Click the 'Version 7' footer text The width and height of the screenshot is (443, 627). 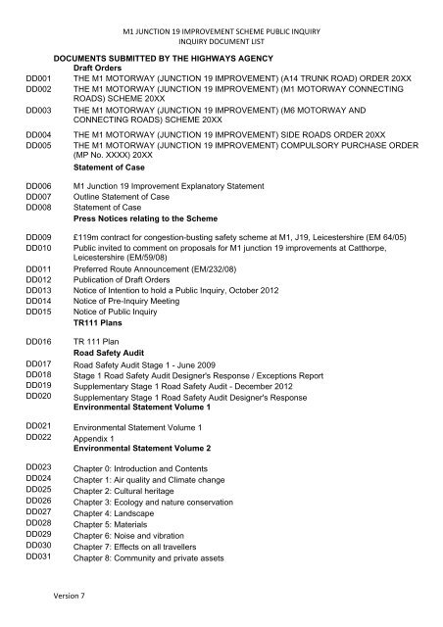[72, 593]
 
